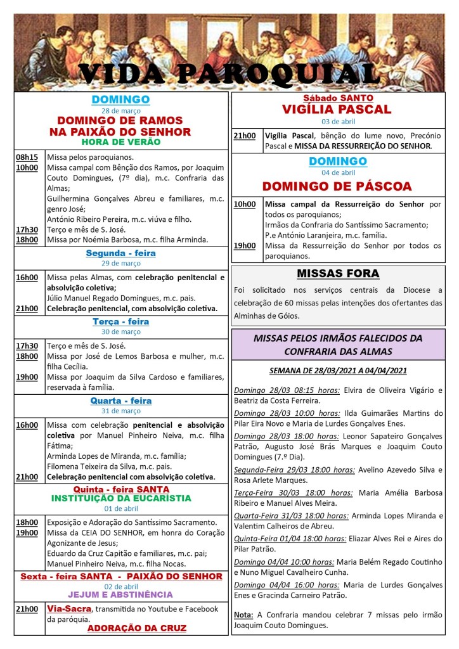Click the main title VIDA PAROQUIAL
229,74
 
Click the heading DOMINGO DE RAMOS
120,120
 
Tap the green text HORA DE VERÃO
120,142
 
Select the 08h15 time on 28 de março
27,157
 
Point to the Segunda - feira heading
120,254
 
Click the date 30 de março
120,331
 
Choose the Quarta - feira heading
120,401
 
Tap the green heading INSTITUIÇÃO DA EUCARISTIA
120,498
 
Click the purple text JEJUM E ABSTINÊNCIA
120,594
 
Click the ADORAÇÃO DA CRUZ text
136,628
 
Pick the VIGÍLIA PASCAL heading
337,110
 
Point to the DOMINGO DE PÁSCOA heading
337,186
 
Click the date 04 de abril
338,172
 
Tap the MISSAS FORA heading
338,274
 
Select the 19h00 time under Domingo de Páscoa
244,245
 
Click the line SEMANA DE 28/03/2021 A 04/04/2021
338,371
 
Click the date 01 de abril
120,508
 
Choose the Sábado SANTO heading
338,98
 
